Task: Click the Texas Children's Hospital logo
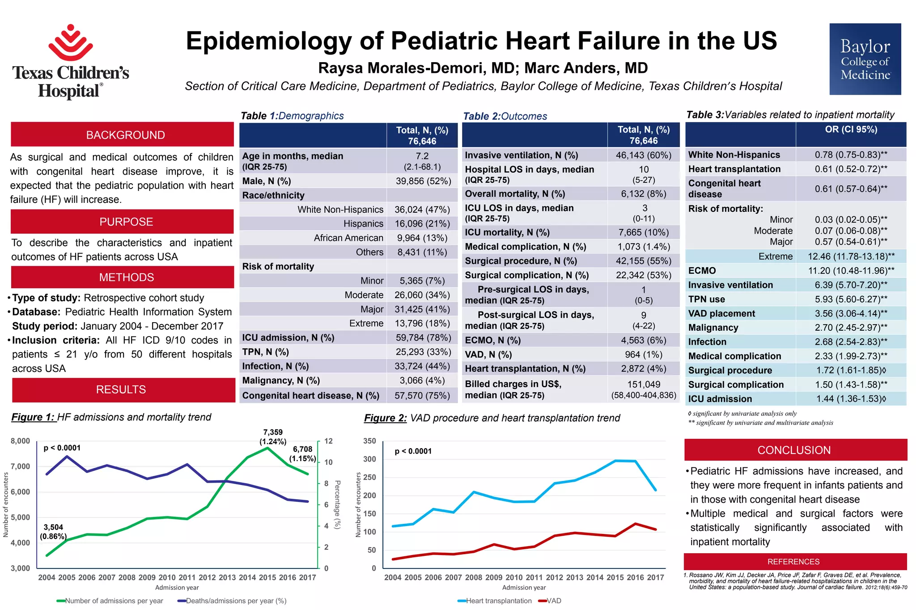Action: click(71, 61)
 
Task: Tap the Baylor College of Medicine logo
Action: click(865, 59)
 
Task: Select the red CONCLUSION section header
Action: click(794, 450)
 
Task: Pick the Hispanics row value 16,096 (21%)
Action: click(422, 223)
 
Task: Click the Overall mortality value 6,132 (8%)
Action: click(644, 194)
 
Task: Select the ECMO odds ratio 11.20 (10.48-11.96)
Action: click(851, 270)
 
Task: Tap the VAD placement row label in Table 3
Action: click(721, 313)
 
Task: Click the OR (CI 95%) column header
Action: click(851, 130)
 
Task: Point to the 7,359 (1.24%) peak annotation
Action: click(273, 437)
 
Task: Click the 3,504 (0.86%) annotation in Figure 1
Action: click(53, 532)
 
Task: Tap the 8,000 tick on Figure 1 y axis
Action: click(21, 441)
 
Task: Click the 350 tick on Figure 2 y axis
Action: click(369, 441)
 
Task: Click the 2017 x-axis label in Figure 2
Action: click(656, 577)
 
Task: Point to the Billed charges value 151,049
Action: click(644, 384)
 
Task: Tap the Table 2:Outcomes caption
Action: click(505, 116)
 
